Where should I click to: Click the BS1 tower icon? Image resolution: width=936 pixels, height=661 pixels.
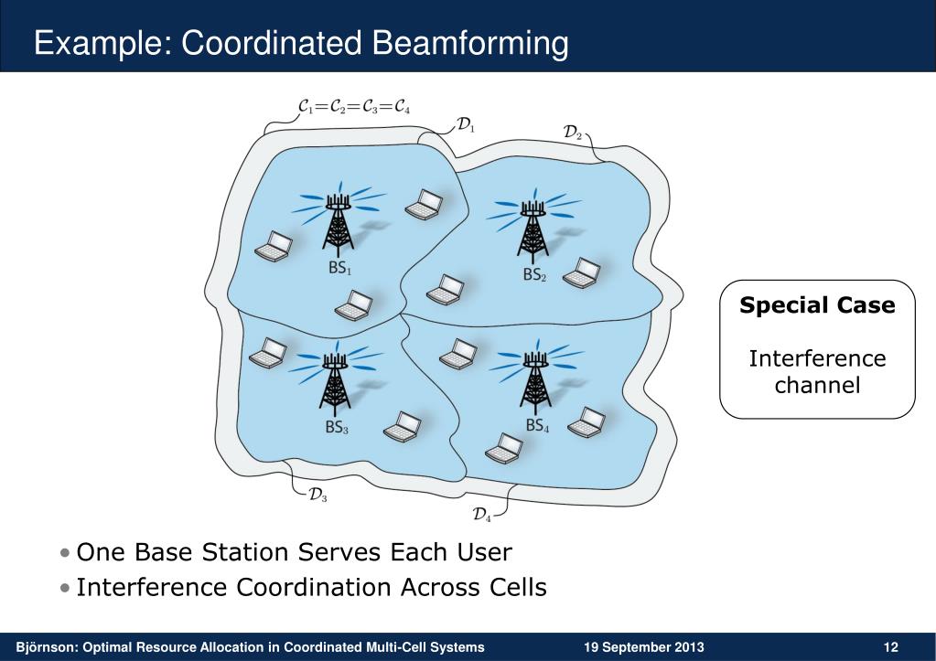point(339,226)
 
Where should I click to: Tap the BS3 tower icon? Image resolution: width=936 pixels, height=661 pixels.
point(336,382)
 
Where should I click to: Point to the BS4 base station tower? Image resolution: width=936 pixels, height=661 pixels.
point(534,382)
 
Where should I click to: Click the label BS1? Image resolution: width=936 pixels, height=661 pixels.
point(339,269)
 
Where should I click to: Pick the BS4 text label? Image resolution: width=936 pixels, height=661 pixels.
point(537,426)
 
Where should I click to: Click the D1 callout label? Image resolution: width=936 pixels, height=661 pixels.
point(466,125)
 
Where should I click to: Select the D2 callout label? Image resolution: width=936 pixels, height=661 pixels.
point(574,133)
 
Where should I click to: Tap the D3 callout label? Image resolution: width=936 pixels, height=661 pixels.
point(317,496)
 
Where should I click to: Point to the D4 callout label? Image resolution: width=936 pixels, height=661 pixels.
point(482,515)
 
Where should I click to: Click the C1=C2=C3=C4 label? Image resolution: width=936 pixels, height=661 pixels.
point(355,107)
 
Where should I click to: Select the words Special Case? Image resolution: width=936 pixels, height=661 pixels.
point(817,305)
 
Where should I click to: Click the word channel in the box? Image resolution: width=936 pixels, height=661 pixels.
point(817,385)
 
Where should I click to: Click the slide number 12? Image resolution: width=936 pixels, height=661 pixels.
point(890,648)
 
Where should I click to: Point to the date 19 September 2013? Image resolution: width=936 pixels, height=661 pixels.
point(644,648)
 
